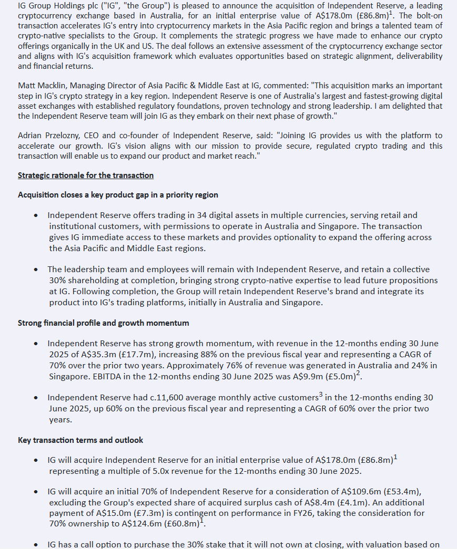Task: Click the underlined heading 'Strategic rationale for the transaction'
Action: pyautogui.click(x=86, y=175)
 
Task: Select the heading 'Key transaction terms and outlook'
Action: pyautogui.click(x=80, y=440)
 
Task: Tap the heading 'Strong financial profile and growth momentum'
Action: pyautogui.click(x=104, y=323)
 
